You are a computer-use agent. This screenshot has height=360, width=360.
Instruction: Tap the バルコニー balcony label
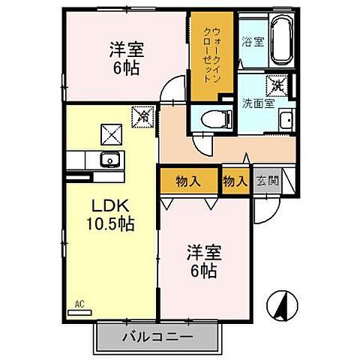pos(157,337)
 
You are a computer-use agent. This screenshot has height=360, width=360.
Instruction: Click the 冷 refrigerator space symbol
pos(142,117)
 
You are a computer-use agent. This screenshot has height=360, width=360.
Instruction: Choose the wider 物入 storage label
pos(187,181)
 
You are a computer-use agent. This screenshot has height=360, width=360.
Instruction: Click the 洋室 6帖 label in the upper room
pos(126,57)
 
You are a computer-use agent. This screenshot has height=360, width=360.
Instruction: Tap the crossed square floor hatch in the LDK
pos(111,133)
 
